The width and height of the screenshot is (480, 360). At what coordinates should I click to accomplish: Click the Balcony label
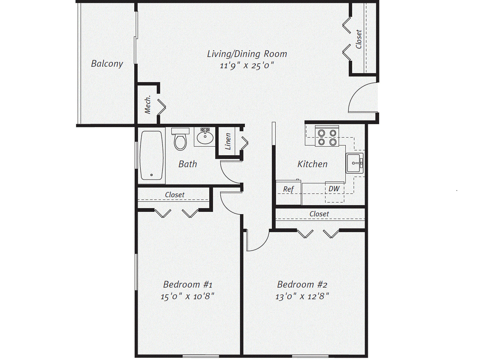[x=107, y=64]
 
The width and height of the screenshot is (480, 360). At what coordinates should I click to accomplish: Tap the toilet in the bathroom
[x=180, y=139]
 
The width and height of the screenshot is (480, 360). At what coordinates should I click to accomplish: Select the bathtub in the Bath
[x=151, y=155]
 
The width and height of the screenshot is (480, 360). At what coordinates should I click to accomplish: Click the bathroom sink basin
[x=205, y=136]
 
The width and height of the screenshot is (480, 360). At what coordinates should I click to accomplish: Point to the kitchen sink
[x=354, y=163]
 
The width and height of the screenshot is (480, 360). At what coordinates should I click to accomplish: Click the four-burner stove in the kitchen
[x=327, y=136]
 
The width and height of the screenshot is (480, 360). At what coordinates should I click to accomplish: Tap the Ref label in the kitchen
[x=288, y=189]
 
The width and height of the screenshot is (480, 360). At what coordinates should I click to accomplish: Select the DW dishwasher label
[x=334, y=189]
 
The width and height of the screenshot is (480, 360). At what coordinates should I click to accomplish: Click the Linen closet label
[x=228, y=141]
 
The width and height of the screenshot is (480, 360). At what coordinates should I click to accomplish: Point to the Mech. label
[x=148, y=105]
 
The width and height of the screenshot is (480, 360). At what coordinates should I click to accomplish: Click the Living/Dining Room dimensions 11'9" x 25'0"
[x=247, y=66]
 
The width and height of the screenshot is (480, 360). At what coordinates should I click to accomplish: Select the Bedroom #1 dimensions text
[x=187, y=296]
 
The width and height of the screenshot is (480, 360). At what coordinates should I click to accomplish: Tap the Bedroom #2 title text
[x=302, y=284]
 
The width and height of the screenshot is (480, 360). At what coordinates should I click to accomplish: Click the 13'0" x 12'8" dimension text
[x=302, y=296]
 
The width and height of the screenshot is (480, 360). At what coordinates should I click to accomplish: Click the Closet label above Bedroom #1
[x=175, y=195]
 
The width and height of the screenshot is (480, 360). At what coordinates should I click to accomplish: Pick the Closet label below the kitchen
[x=319, y=214]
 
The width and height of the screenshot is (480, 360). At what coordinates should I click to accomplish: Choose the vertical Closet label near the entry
[x=358, y=39]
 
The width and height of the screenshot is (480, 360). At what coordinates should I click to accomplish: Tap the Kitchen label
[x=312, y=164]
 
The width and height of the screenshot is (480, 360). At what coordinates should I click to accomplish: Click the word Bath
[x=187, y=164]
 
